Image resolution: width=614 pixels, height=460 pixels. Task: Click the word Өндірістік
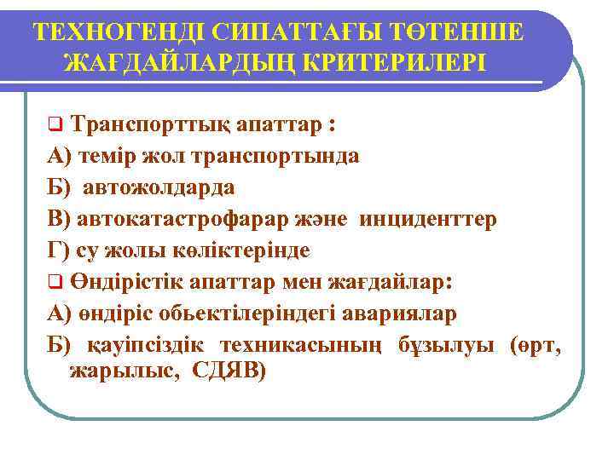(137, 282)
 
